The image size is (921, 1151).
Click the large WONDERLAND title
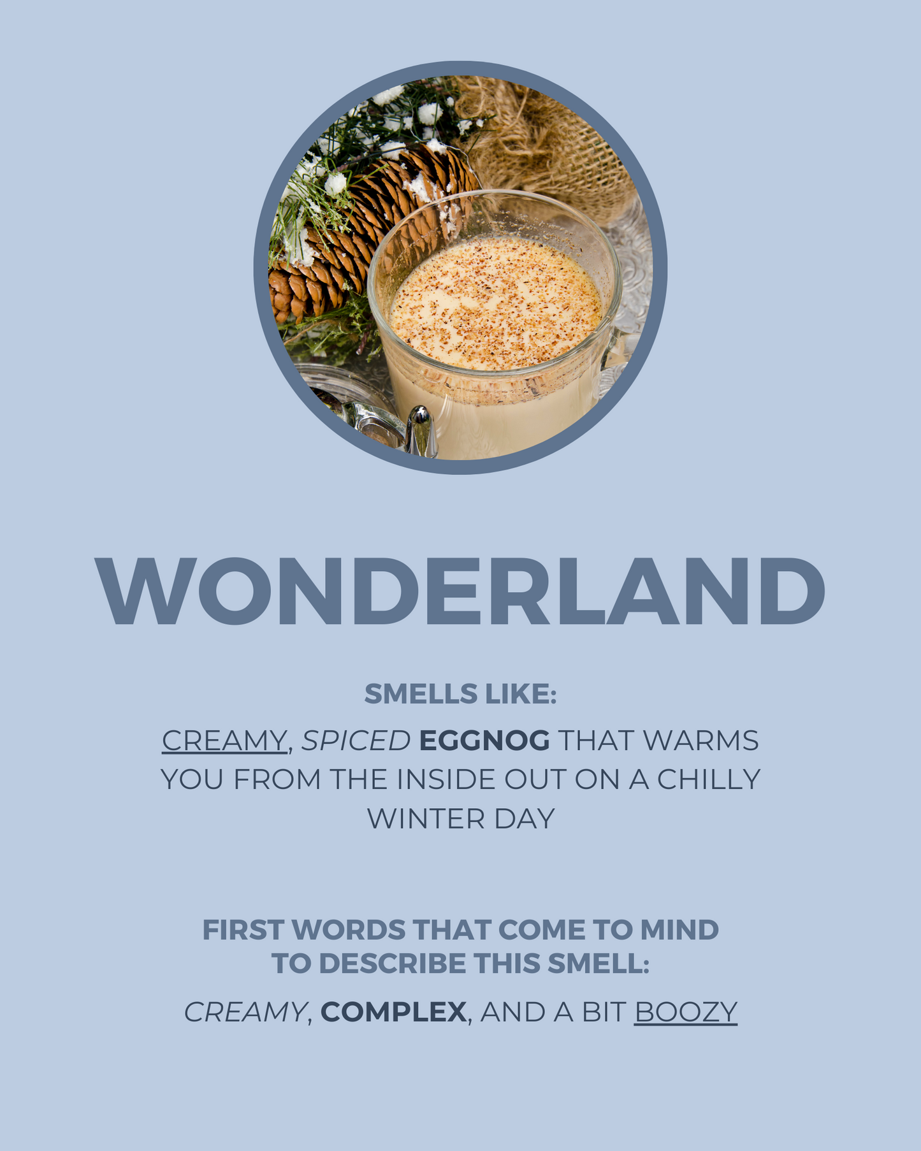click(460, 591)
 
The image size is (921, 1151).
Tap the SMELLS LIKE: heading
click(460, 694)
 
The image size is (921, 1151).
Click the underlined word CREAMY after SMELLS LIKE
click(224, 741)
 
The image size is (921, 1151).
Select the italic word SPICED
click(356, 741)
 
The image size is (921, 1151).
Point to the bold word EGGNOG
click(484, 741)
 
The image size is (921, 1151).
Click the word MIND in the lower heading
click(679, 930)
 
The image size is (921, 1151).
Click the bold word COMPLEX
click(393, 1012)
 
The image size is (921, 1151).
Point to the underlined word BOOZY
click(686, 1012)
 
